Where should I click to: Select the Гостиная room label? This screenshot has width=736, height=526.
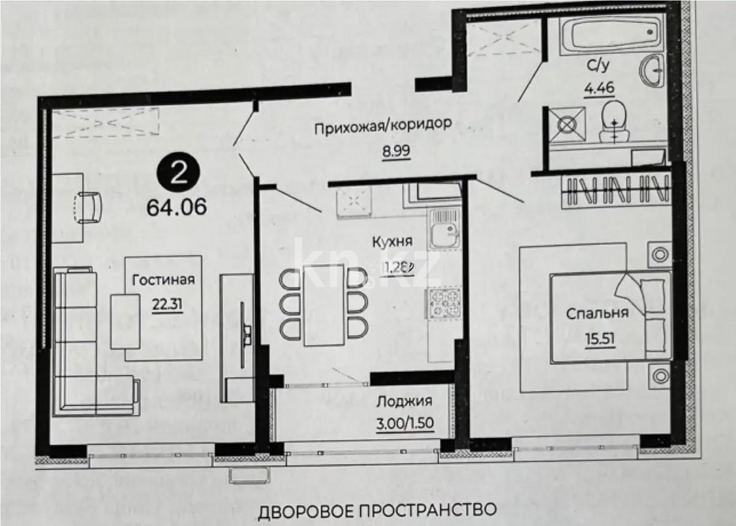coord(163,280)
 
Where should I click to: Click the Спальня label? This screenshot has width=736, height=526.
coord(597,313)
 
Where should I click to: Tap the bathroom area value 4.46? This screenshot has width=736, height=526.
coord(598,88)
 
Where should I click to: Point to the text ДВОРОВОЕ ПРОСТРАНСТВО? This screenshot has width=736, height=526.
coord(377,509)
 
